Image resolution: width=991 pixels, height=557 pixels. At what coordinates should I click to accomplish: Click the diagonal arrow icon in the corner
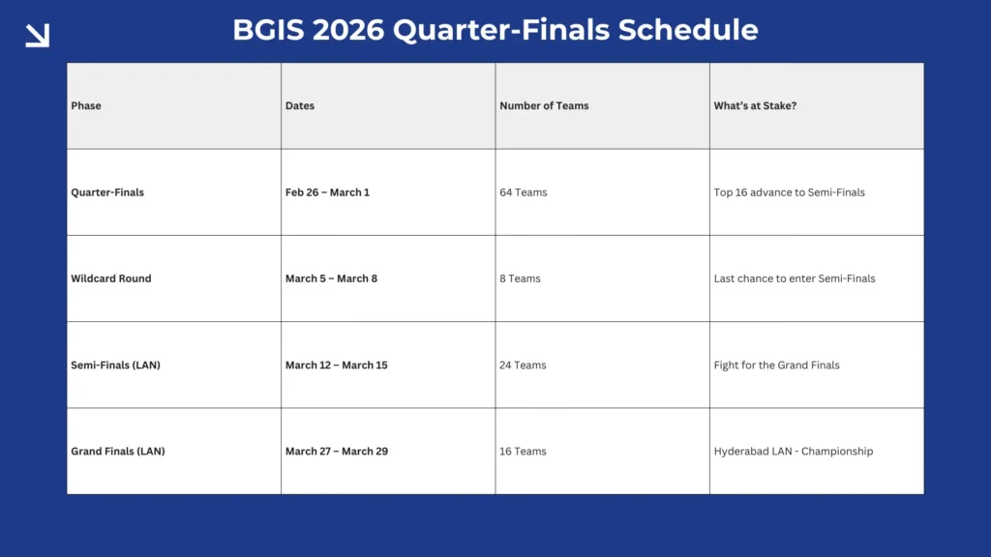tap(37, 36)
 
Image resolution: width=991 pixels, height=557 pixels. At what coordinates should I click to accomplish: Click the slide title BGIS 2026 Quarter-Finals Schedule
tap(495, 30)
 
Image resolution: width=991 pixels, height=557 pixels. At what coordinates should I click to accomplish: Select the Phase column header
tap(86, 105)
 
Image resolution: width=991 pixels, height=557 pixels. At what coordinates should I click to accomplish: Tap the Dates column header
tap(300, 105)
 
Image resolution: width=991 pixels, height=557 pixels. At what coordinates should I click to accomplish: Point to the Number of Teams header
tap(544, 105)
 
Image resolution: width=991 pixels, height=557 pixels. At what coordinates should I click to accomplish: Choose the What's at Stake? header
tap(755, 105)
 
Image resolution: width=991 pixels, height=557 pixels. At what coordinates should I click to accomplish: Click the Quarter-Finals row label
tap(107, 192)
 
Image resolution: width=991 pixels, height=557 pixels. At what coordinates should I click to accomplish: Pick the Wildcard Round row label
tap(111, 278)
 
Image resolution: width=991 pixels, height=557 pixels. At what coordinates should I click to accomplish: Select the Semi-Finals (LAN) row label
tap(116, 366)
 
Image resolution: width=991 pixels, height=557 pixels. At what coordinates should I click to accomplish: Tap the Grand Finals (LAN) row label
tap(118, 452)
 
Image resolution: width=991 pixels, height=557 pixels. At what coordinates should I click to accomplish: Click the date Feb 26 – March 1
tap(327, 192)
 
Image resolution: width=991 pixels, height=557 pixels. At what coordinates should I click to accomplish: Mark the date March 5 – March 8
tap(331, 278)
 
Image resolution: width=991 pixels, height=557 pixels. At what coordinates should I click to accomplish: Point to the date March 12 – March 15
tap(336, 366)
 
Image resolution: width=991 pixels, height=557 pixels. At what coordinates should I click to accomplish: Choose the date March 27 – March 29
tap(336, 452)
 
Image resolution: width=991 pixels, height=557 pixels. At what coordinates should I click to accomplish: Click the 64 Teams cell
tap(524, 192)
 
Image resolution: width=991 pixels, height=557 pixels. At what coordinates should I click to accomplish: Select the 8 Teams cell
tap(520, 278)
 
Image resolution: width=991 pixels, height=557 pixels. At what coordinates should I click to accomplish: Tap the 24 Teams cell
tap(523, 366)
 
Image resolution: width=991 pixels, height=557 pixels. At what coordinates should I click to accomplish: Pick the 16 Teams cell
tap(523, 452)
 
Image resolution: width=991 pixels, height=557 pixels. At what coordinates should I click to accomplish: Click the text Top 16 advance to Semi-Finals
tap(789, 192)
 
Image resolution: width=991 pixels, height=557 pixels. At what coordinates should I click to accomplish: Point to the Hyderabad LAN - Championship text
tap(793, 452)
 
